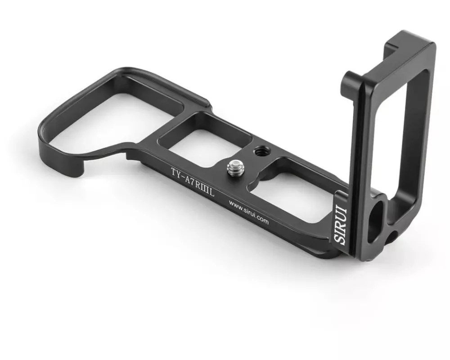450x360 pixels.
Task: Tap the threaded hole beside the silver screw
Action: pos(260,150)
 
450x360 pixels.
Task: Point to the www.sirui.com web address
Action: pos(248,212)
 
